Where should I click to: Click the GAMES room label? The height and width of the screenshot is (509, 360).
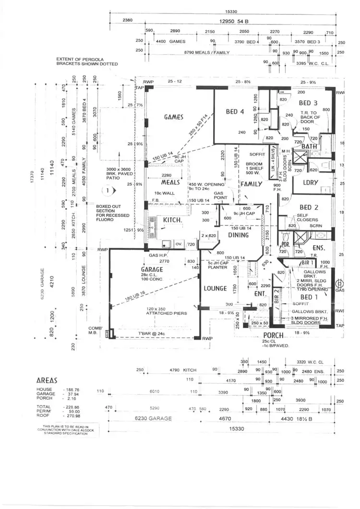(x=173, y=117)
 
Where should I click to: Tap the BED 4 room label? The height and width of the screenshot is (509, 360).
(x=236, y=112)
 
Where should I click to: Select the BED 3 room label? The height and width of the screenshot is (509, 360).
(x=308, y=103)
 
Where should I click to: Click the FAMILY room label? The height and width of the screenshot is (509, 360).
(x=252, y=184)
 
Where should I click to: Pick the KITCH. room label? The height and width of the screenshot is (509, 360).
(x=171, y=220)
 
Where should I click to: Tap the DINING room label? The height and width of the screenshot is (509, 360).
(x=239, y=235)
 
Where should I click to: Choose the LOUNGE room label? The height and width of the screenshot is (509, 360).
(x=215, y=288)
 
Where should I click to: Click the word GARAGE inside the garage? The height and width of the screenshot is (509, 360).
(x=152, y=270)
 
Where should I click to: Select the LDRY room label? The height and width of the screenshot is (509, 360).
(x=311, y=182)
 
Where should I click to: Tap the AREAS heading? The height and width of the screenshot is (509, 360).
(x=48, y=379)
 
